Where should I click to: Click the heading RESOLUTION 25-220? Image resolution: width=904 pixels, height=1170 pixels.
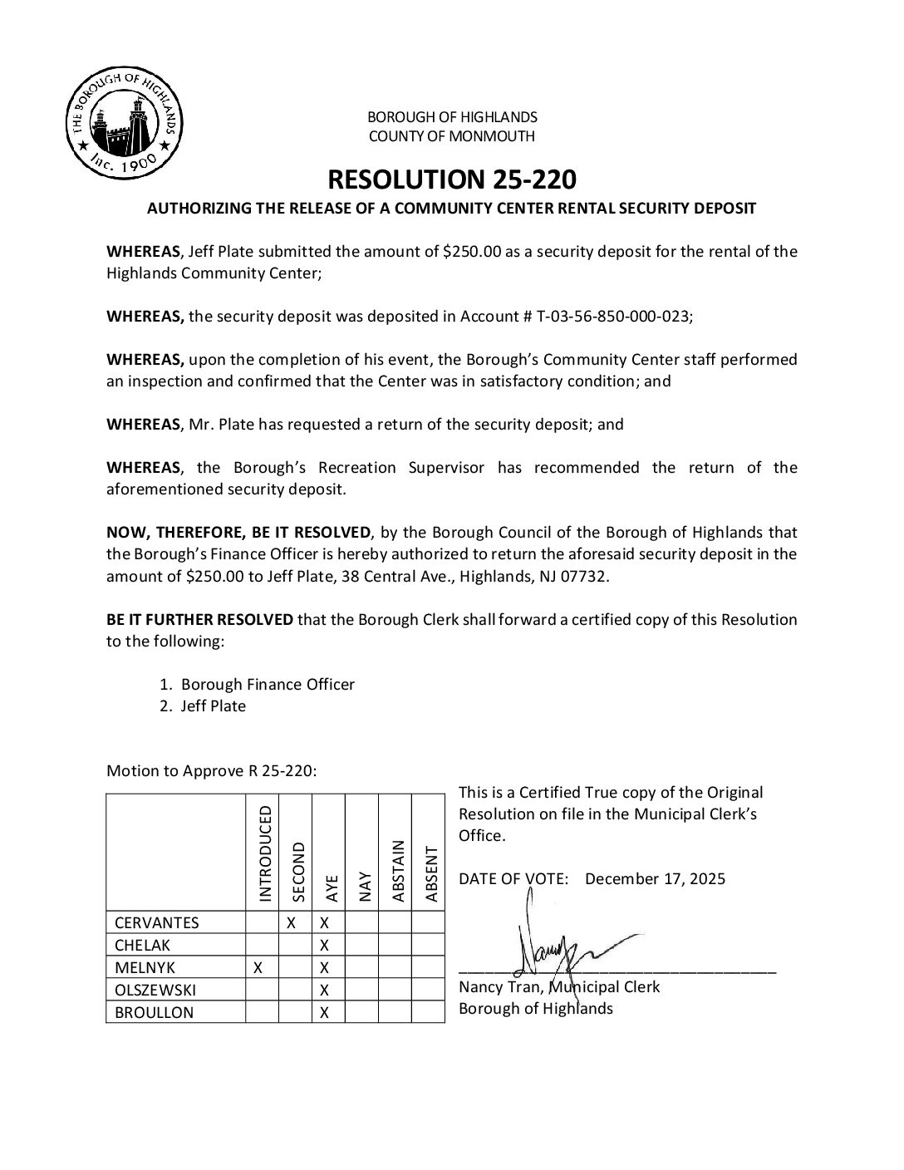pos(451,179)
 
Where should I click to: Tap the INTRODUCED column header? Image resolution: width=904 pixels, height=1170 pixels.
pos(265,853)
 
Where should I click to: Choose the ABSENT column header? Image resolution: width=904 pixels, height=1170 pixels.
pos(430,873)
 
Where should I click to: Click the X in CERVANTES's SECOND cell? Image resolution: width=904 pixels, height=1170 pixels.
pos(292,922)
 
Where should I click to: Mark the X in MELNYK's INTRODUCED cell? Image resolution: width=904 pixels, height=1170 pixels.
pos(258,967)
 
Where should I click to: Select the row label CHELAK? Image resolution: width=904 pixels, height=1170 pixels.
pos(142,945)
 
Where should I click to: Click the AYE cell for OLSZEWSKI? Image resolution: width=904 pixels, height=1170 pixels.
pos(325,990)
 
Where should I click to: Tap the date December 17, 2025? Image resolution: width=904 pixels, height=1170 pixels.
pos(655,879)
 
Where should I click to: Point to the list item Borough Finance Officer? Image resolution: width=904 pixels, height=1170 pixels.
pos(268,685)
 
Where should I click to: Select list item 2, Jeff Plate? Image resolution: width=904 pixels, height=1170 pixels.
pos(214,706)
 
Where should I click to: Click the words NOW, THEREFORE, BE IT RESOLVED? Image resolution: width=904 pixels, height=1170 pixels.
pos(238,533)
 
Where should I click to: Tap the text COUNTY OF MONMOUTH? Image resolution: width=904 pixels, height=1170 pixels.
pos(451,136)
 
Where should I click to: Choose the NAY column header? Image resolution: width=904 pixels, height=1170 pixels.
pos(364,887)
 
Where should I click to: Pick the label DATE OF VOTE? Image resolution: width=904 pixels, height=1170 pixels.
pos(513,879)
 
